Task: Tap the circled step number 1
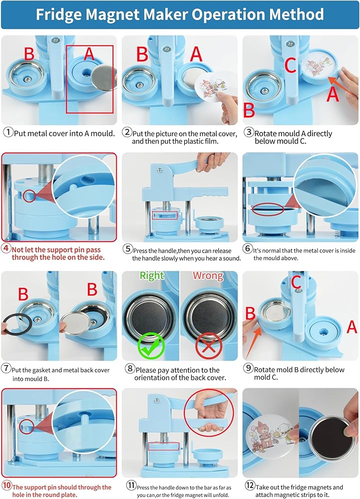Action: tap(8, 132)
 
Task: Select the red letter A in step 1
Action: tap(89, 53)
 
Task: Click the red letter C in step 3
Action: tap(290, 65)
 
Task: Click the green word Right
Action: tap(152, 275)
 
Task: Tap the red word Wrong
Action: tap(208, 275)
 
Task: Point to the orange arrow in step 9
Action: tap(254, 342)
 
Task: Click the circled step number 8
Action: tap(130, 369)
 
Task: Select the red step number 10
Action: tap(6, 486)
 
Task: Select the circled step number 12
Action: tap(250, 486)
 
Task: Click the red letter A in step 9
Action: tap(352, 327)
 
